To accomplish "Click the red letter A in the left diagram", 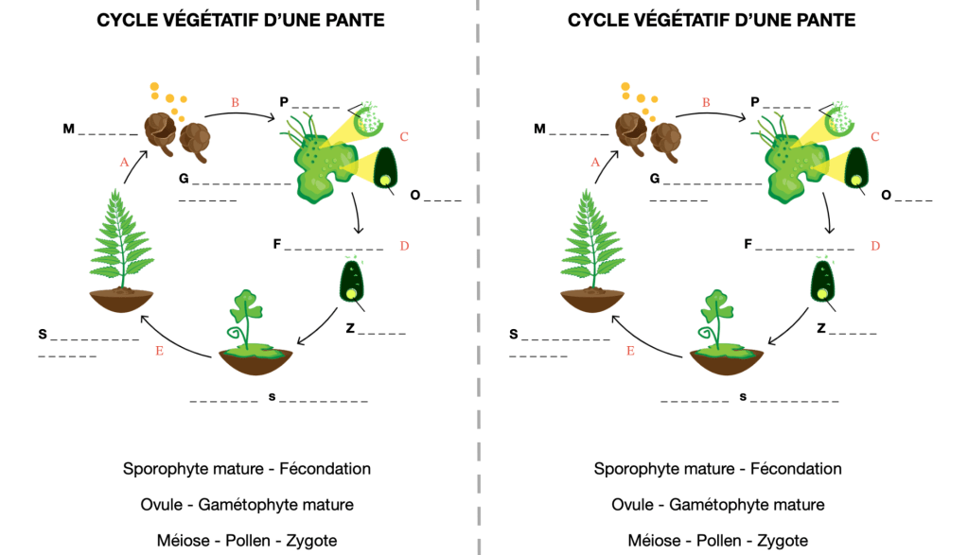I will (124, 162).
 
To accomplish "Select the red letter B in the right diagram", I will (706, 101).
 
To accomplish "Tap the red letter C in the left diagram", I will (404, 137).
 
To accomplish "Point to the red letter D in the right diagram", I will (875, 246).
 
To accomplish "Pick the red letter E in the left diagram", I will (160, 351).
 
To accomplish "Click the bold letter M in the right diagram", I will (539, 128).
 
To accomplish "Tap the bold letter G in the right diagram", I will (655, 178).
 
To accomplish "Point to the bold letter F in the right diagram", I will (748, 244).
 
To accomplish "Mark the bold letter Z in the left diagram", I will (350, 328).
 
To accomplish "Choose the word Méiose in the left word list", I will (182, 540).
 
